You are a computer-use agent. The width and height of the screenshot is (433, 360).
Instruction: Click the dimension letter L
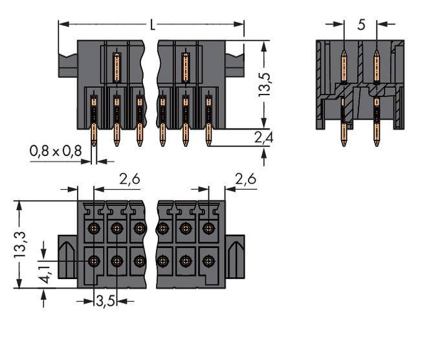point(152,25)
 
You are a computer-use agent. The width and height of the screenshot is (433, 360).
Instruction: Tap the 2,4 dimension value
point(263,137)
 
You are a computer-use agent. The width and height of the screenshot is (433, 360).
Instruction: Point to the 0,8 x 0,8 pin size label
point(55,151)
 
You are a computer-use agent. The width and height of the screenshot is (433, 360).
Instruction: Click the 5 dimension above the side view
point(361,25)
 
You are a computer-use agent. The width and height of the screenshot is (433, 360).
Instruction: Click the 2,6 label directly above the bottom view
point(129,179)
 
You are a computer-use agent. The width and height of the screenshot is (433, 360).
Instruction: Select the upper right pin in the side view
point(377,65)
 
